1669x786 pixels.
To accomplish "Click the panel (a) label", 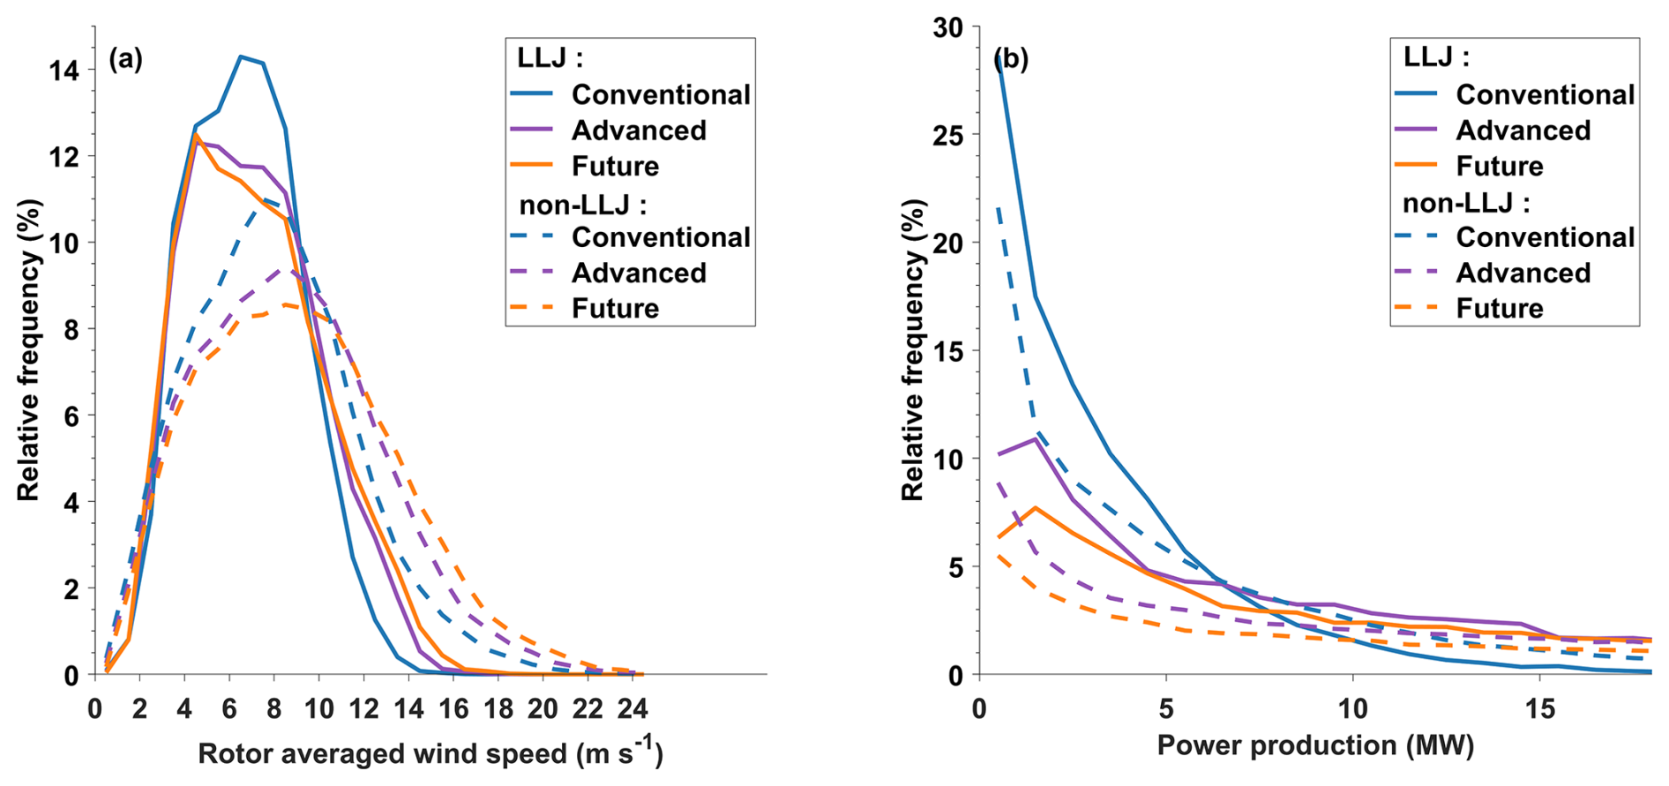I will tap(125, 59).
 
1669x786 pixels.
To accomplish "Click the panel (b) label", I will tap(1011, 59).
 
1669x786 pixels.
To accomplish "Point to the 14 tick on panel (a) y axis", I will tap(64, 71).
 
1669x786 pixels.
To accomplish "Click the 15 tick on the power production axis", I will tap(1539, 708).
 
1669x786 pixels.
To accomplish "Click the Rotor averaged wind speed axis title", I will tap(430, 752).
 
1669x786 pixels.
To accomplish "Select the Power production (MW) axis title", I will tap(1315, 745).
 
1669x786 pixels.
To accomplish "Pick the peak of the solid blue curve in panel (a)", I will tap(240, 56).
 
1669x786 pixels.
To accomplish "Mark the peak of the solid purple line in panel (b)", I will tap(1037, 438).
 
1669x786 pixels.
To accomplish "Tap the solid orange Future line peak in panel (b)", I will tap(1037, 507).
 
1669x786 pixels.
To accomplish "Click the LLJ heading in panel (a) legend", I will tap(550, 58).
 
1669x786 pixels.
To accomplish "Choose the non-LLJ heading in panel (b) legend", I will tap(1465, 204).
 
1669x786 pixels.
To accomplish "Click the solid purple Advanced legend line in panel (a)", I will tap(532, 131).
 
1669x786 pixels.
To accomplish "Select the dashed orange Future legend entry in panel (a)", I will tap(532, 308).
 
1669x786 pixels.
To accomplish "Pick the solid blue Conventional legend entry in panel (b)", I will tap(1416, 94).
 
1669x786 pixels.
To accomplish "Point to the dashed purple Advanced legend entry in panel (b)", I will tap(1416, 273).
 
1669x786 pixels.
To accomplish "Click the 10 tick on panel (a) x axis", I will tap(319, 709).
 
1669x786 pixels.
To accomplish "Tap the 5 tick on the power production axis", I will tap(1166, 708).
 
